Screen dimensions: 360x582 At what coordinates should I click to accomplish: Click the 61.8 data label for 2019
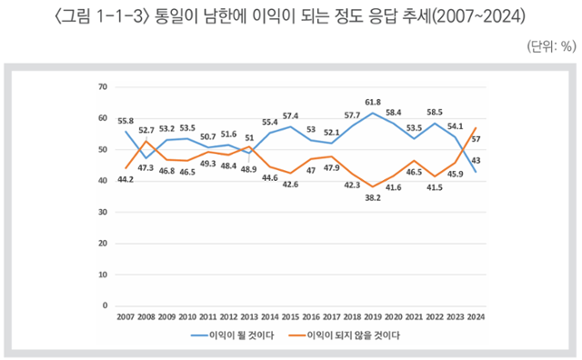click(372, 104)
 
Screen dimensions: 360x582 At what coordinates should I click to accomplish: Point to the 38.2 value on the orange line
click(372, 197)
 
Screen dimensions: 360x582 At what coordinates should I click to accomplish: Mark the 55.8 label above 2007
click(125, 121)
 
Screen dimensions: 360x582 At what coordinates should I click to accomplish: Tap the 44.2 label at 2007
click(125, 180)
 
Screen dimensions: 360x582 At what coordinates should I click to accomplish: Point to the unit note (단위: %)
click(550, 45)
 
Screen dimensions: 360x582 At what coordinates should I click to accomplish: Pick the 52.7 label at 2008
click(147, 130)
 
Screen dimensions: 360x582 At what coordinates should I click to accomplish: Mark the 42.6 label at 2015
click(291, 185)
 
